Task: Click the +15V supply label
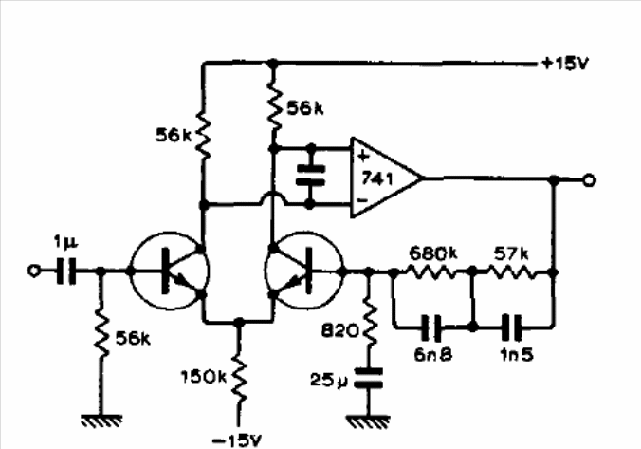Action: coord(565,64)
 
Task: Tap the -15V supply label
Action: coord(237,440)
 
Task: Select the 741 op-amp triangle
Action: coord(386,178)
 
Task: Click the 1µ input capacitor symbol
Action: coord(65,271)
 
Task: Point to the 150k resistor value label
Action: coord(203,377)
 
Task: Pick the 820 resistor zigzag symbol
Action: coord(370,323)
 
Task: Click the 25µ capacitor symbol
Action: coord(369,378)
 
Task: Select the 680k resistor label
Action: coord(433,253)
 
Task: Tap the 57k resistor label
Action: coord(510,253)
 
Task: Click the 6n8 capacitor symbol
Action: coord(431,327)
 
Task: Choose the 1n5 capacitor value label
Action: coord(517,354)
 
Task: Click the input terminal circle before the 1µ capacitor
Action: coord(33,271)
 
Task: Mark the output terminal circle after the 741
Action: coord(589,180)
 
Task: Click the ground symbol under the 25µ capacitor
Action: coord(368,422)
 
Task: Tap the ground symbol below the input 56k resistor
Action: coord(101,421)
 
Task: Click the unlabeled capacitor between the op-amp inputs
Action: coord(311,176)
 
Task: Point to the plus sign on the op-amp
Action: coord(363,156)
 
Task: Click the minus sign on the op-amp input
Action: coord(362,200)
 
